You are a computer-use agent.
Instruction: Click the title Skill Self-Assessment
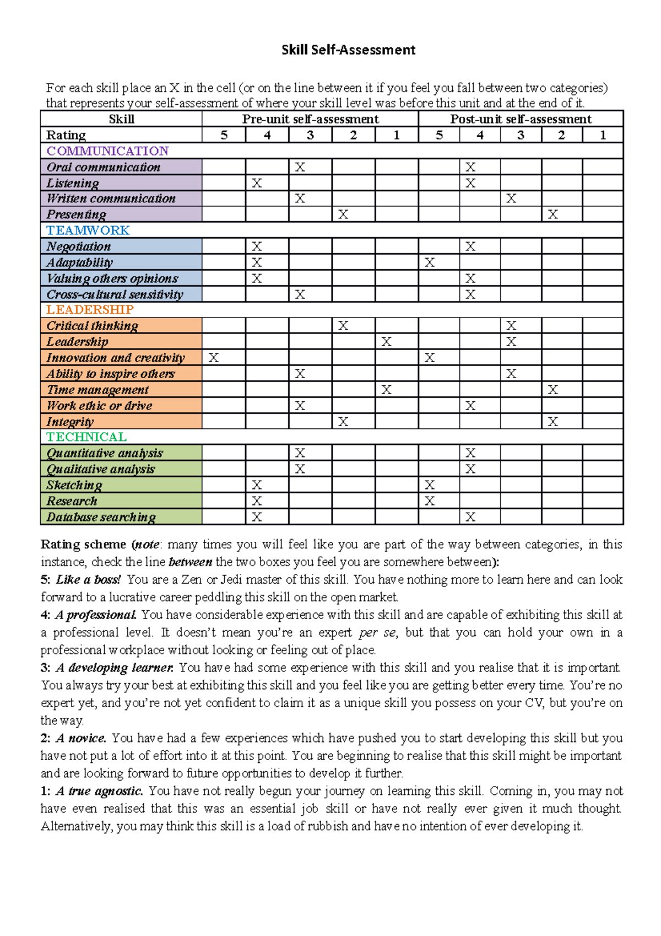[348, 50]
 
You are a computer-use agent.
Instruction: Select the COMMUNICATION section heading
[107, 151]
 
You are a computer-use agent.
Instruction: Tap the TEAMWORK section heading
[88, 230]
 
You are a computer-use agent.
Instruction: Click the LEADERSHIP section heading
[90, 310]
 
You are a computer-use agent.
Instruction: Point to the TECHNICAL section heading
[86, 437]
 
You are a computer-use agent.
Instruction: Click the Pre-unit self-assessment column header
[310, 119]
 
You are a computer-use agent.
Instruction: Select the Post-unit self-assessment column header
[521, 119]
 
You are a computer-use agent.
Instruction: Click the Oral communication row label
[104, 167]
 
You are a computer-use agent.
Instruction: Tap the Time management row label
[97, 390]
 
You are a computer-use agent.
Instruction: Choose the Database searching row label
[101, 517]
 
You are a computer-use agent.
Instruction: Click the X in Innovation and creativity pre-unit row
[214, 358]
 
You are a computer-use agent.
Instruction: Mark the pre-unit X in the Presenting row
[343, 214]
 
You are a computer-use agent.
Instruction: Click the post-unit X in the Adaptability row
[430, 262]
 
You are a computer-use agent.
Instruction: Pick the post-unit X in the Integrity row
[553, 422]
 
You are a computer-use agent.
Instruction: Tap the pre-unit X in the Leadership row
[387, 342]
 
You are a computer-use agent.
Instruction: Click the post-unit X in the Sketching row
[430, 485]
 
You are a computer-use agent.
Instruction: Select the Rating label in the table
[66, 135]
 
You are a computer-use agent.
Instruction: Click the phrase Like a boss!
[88, 580]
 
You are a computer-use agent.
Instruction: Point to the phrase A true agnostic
[99, 791]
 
